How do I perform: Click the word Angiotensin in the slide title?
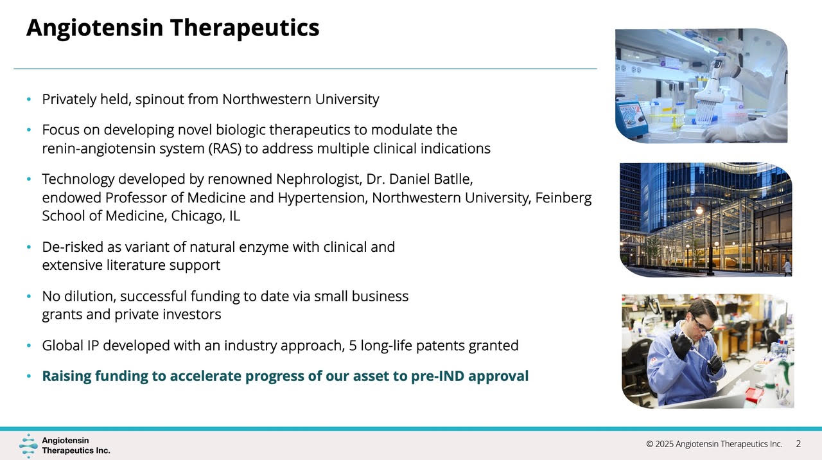[x=94, y=28]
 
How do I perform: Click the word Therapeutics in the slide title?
[x=245, y=28]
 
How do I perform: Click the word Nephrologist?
[x=319, y=179]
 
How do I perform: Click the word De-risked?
[x=73, y=247]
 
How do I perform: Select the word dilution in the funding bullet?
[x=90, y=296]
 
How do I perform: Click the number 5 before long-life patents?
[x=353, y=346]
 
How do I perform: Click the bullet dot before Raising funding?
[x=29, y=376]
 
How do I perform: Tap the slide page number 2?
[x=798, y=444]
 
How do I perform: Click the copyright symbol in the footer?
[x=649, y=444]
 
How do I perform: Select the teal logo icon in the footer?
[x=28, y=446]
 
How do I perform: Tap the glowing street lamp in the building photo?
[x=699, y=210]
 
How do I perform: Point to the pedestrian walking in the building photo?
[x=787, y=267]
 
